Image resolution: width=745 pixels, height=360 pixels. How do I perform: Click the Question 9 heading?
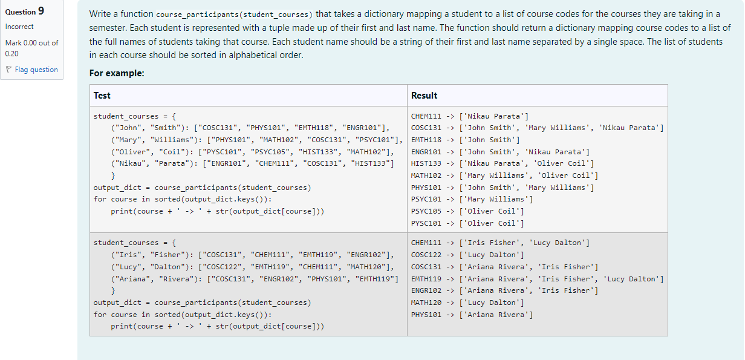click(25, 11)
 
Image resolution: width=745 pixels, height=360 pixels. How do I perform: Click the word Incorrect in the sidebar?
click(19, 27)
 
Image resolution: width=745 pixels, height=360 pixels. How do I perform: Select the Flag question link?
click(36, 70)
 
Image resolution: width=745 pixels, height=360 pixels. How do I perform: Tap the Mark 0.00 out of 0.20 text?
click(31, 48)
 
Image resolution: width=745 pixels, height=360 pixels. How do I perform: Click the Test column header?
click(102, 96)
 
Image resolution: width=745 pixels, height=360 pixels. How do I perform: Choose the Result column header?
click(424, 96)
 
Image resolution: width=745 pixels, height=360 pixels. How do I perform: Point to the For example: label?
click(117, 73)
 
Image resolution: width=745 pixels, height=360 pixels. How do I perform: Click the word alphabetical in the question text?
click(253, 55)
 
